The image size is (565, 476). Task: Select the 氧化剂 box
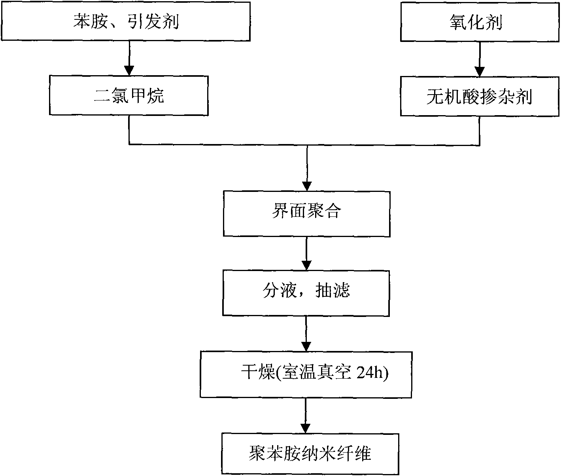point(480,22)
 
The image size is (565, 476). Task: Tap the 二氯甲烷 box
point(129,96)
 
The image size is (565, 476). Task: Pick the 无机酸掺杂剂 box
point(480,96)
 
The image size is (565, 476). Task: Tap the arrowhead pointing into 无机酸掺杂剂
point(480,72)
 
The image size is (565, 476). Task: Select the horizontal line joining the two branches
point(304,145)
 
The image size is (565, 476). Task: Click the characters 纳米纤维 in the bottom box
point(334,453)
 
